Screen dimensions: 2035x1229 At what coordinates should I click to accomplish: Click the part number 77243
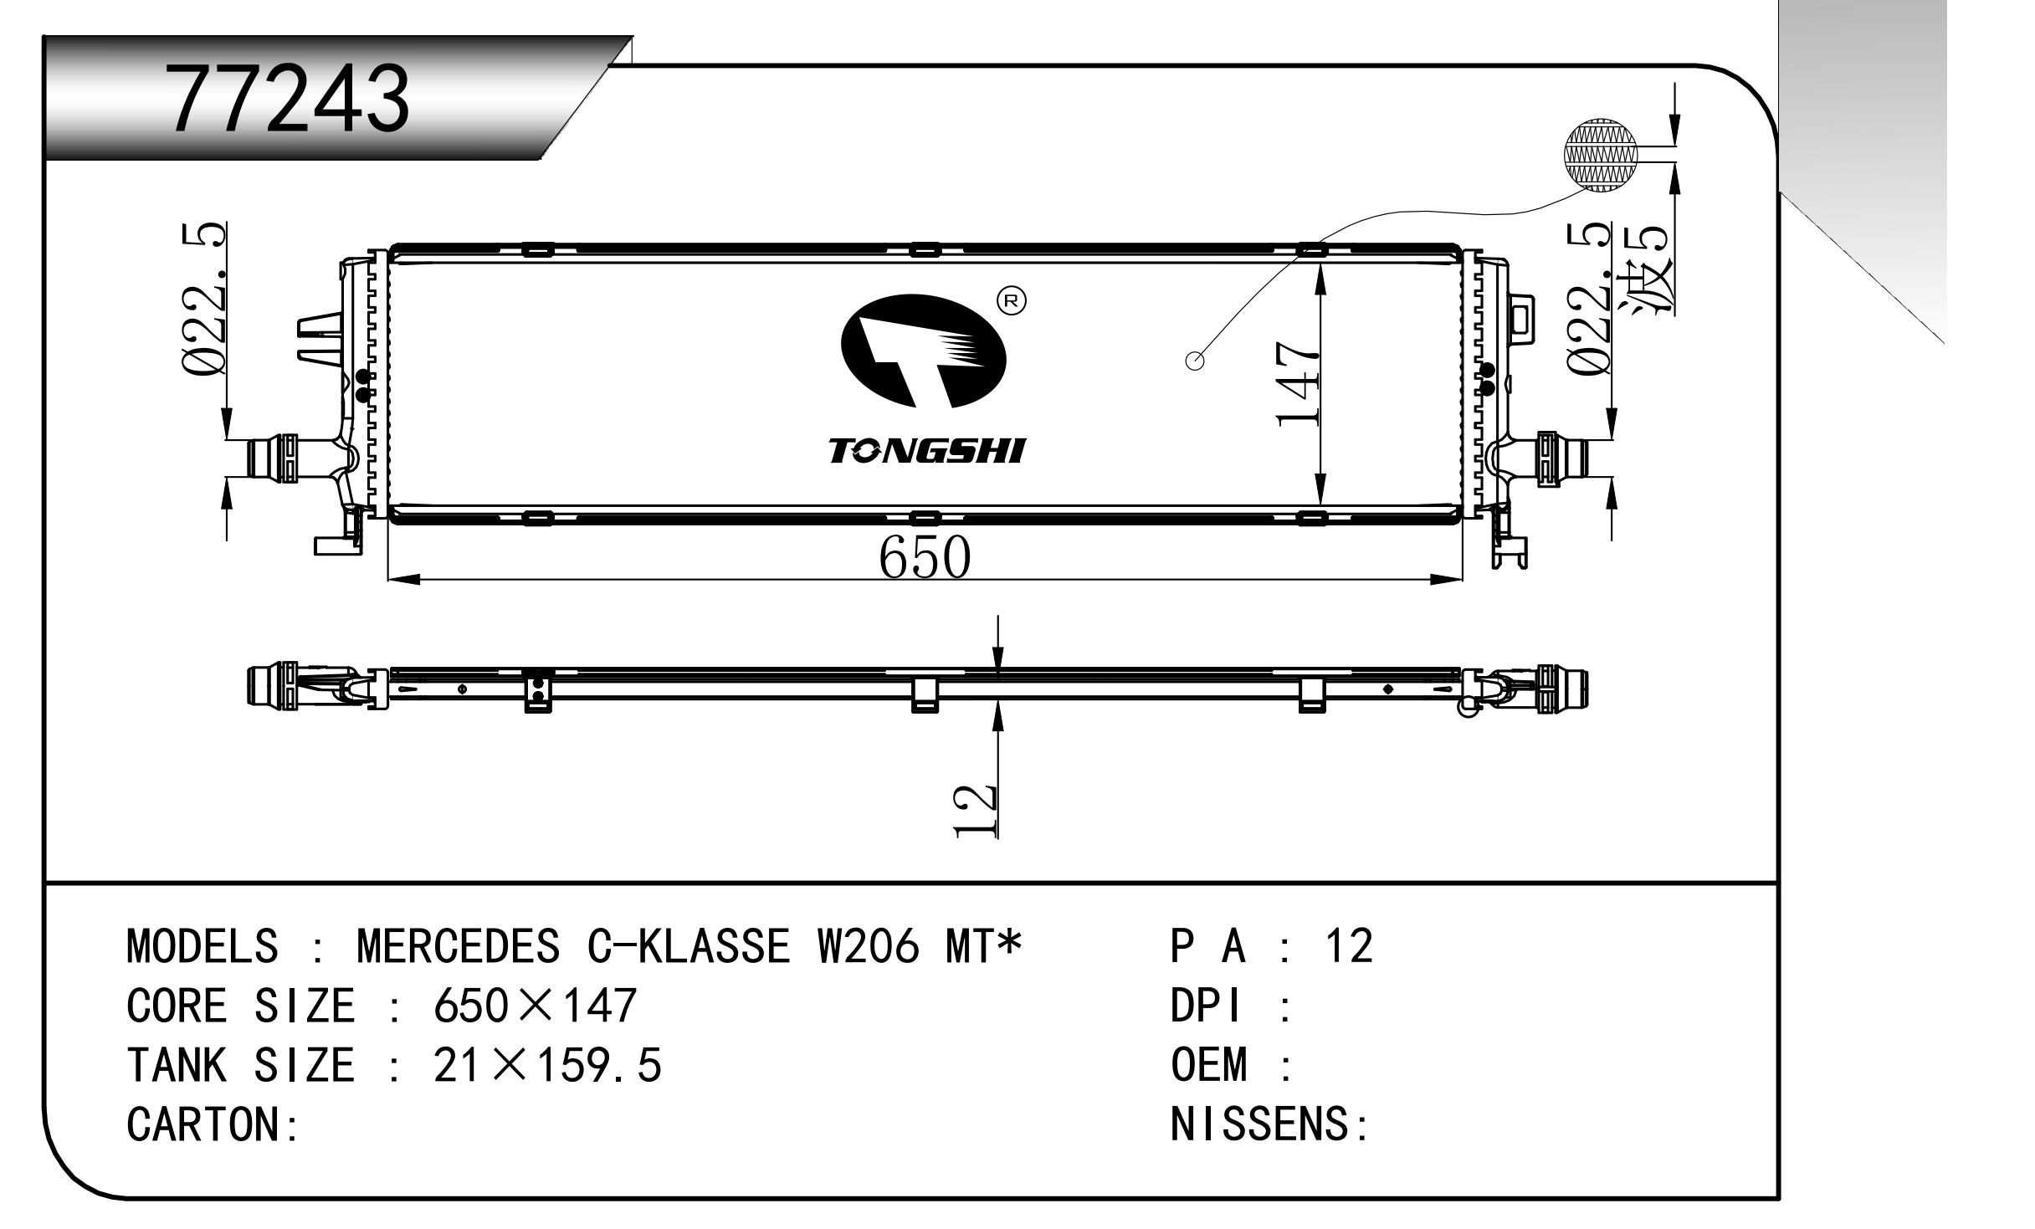pyautogui.click(x=289, y=100)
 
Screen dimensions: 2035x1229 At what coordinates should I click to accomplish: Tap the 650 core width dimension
pyautogui.click(x=925, y=557)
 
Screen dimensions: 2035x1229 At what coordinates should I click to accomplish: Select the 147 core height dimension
pyautogui.click(x=1298, y=383)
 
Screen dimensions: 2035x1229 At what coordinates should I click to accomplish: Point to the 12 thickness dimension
pyautogui.click(x=976, y=811)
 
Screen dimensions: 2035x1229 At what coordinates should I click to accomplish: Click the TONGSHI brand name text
pyautogui.click(x=926, y=451)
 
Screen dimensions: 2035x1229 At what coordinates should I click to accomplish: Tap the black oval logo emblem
pyautogui.click(x=923, y=354)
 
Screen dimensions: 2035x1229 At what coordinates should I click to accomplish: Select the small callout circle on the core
pyautogui.click(x=1196, y=361)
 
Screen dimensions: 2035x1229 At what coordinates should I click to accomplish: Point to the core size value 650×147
pyautogui.click(x=535, y=1006)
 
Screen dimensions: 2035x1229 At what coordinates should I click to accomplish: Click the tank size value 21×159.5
pyautogui.click(x=547, y=1066)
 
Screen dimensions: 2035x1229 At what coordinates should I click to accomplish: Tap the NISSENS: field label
pyautogui.click(x=1269, y=1124)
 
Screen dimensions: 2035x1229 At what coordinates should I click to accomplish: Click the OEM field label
pyautogui.click(x=1208, y=1066)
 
